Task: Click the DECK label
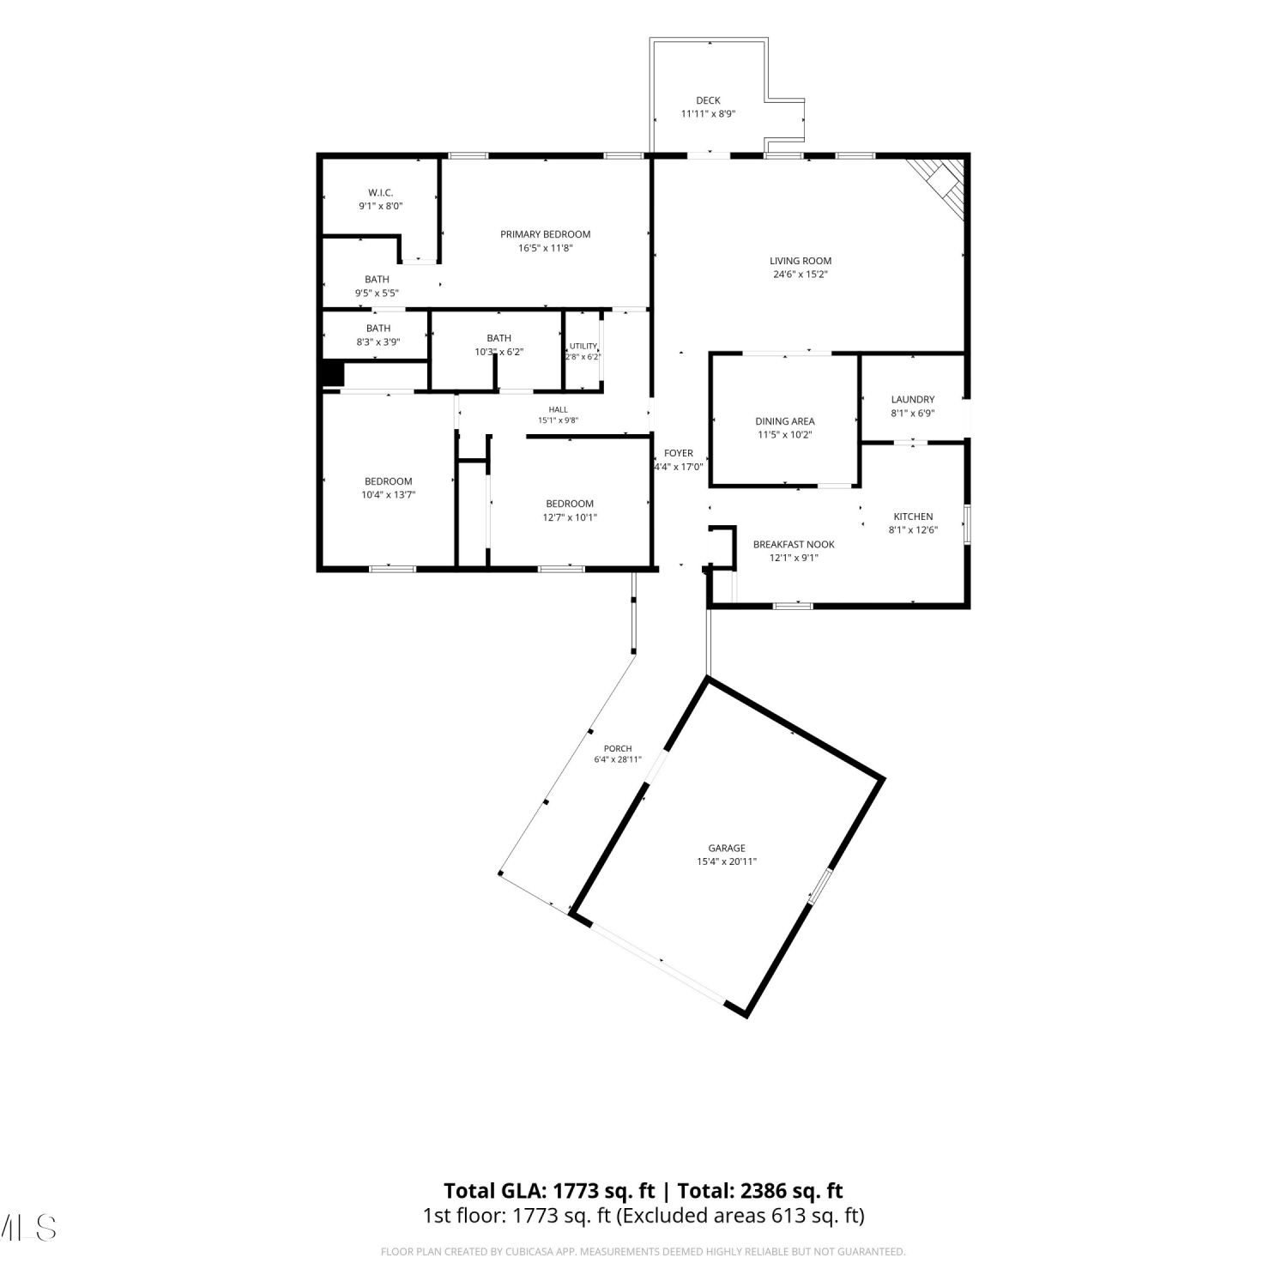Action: [708, 100]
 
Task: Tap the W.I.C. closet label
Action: [381, 193]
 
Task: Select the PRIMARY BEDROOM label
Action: [546, 234]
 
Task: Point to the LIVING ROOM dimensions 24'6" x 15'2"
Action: [801, 275]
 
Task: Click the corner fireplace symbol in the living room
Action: [943, 184]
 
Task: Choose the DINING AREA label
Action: [785, 421]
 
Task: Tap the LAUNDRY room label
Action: [913, 399]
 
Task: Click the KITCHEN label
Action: [913, 517]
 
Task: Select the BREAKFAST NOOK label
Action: [794, 544]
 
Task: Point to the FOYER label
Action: [679, 453]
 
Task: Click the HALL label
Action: [559, 409]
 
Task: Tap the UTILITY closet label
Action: [583, 346]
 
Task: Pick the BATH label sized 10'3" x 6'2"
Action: [499, 338]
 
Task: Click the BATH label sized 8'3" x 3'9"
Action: [378, 328]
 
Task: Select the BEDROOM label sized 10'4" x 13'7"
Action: [389, 481]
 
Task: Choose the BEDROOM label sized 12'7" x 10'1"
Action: [570, 504]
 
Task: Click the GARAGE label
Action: [727, 848]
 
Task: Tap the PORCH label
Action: [618, 748]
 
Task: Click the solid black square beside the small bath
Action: [331, 374]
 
